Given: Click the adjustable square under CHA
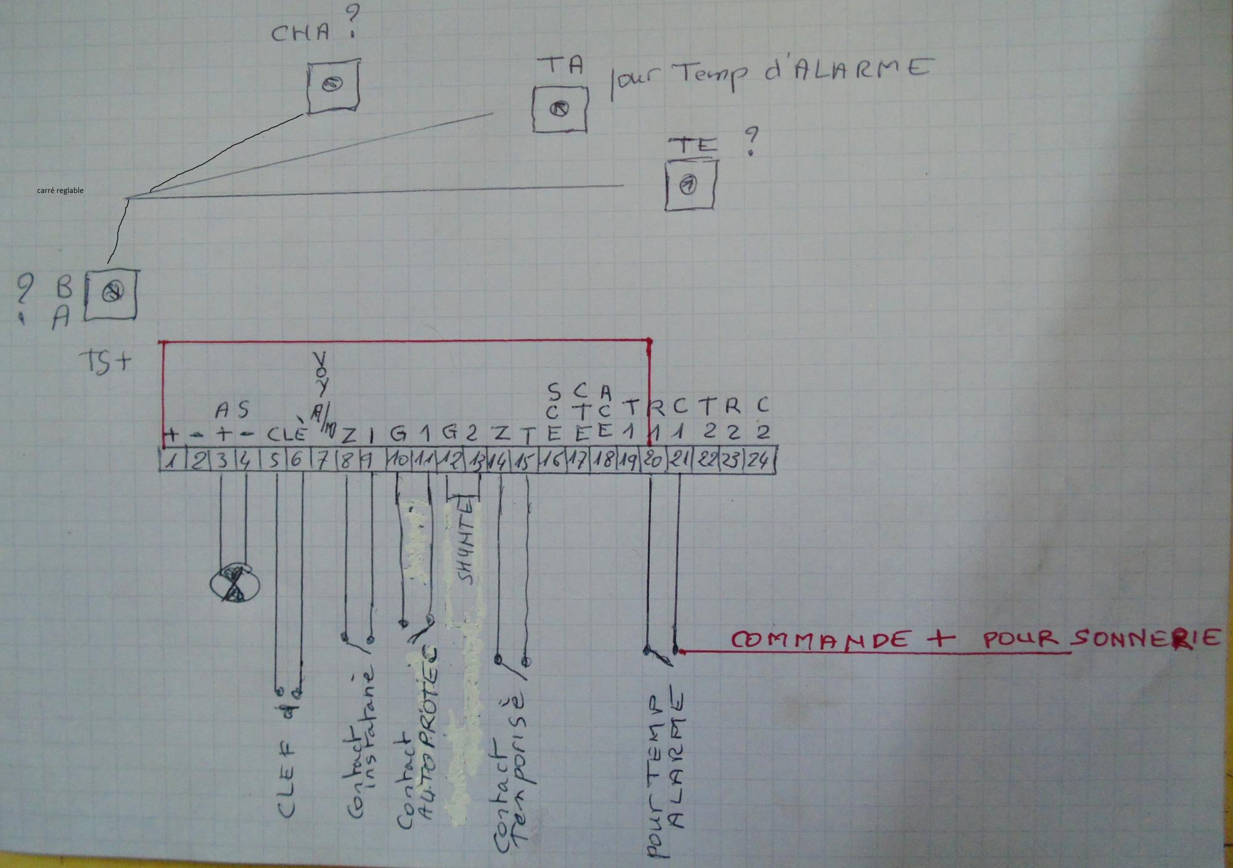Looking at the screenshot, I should [332, 85].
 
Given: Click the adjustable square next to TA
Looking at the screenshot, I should [560, 109].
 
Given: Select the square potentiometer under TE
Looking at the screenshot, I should [691, 184].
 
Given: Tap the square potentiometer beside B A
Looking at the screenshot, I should [112, 295].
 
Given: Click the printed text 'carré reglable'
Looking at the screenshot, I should [60, 190].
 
